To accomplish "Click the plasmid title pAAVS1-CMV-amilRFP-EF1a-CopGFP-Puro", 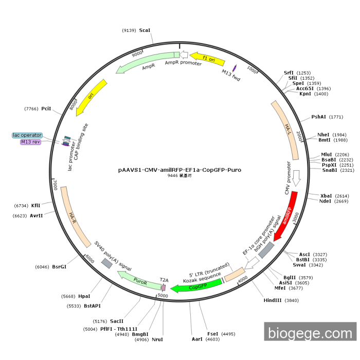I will [179, 169].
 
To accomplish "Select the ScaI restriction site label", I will [145, 30].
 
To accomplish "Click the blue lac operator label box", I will [27, 135].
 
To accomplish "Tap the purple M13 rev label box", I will [31, 142].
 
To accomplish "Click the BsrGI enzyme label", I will [59, 267].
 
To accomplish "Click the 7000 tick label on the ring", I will [55, 184].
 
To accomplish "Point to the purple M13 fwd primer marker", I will [235, 67].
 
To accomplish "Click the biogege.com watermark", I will [310, 334].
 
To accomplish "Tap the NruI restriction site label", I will [157, 339].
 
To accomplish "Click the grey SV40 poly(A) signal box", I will [106, 263].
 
